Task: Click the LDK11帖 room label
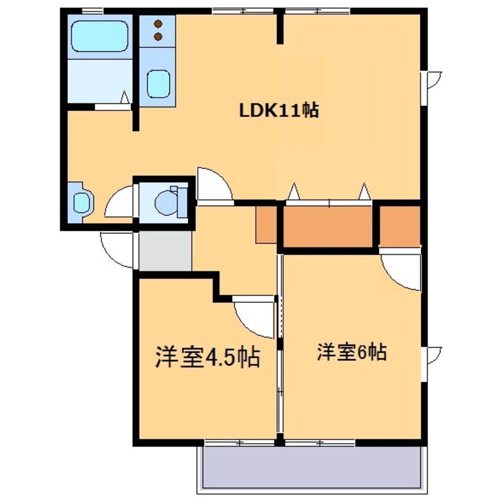(x=278, y=110)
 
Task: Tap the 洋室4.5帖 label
(x=207, y=357)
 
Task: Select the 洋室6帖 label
(x=351, y=353)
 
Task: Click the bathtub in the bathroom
(x=99, y=36)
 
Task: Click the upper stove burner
(x=159, y=24)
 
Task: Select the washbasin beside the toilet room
(x=81, y=202)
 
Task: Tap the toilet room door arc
(x=120, y=203)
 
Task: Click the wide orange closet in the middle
(x=329, y=226)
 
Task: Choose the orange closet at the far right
(x=400, y=226)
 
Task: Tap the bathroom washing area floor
(x=99, y=80)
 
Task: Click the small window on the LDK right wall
(x=432, y=80)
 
